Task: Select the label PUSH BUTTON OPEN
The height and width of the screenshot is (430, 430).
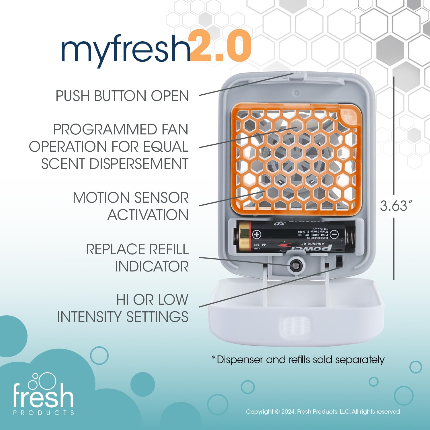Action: coord(122,96)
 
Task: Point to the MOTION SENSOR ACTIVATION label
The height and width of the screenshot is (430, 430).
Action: coord(131,206)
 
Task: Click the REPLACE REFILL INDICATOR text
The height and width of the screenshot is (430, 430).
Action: coord(138,257)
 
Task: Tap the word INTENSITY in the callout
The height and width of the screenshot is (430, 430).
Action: coord(89,317)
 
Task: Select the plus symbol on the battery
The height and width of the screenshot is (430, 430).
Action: coord(257,235)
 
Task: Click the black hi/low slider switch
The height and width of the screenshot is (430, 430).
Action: coord(339,261)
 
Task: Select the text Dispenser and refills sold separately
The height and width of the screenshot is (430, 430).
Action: coord(298,360)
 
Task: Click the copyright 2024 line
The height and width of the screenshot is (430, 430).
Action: coord(323,412)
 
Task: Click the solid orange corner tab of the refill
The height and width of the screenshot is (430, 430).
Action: coord(348,116)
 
